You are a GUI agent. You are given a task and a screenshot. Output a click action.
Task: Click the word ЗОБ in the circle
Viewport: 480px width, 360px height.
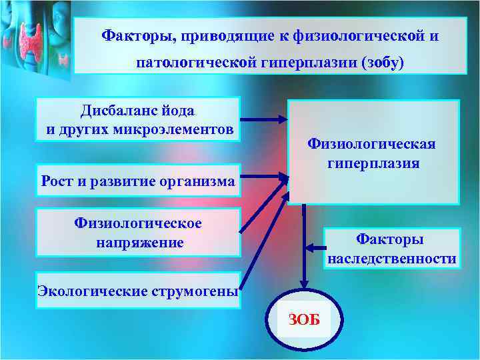coord(305,319)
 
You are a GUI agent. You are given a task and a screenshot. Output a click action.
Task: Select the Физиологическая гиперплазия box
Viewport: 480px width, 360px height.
coord(373,152)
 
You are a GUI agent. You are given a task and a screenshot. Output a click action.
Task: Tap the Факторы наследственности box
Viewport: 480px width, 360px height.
coord(391,249)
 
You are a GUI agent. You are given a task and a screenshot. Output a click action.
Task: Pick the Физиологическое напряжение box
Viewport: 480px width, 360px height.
coord(138,233)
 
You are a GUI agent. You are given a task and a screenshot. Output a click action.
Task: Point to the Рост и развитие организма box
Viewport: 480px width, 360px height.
coord(138,181)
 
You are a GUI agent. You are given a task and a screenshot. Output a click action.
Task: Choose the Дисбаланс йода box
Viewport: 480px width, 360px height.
coord(138,119)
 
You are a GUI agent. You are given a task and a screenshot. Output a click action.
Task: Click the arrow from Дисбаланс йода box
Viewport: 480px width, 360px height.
coord(263,121)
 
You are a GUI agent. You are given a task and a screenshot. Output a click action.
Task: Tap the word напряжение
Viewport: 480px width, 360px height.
coord(139,242)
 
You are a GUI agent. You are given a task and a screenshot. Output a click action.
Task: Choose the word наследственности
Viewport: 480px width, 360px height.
coord(391,258)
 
